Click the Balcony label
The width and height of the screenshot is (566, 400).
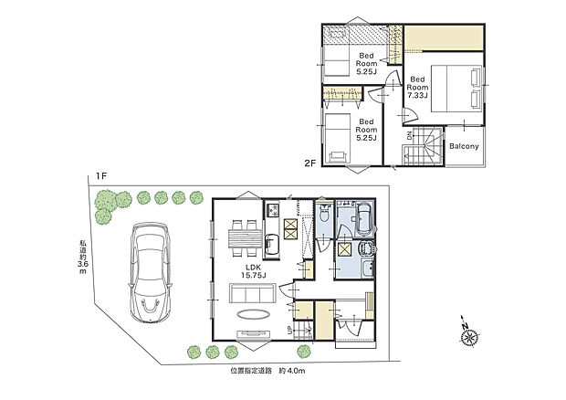coord(465,146)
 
